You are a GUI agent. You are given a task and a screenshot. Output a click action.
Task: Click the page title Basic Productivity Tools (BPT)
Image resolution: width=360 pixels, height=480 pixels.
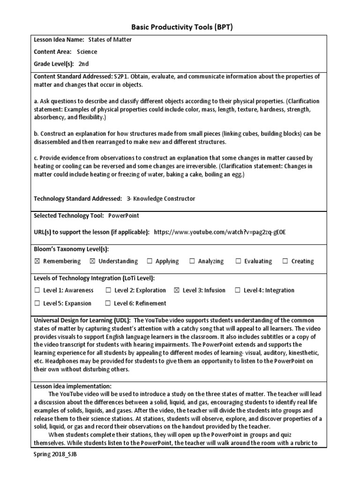[x=180, y=28]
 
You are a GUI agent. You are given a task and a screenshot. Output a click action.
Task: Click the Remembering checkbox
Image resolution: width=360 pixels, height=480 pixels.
[x=37, y=261]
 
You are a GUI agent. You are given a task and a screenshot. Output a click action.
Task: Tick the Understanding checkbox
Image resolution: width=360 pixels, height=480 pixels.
[x=92, y=261]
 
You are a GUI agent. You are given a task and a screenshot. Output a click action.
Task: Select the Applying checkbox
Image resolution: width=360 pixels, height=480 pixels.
[x=150, y=261]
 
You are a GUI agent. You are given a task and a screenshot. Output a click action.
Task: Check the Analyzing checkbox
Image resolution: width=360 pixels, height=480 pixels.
[x=192, y=261]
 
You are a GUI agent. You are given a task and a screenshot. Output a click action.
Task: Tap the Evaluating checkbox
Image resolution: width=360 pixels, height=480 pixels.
[x=238, y=261]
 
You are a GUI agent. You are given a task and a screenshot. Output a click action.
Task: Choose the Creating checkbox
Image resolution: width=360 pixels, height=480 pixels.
[x=285, y=261]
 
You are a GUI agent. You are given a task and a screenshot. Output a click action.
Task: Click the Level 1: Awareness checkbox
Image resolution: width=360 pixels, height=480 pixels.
[x=37, y=290]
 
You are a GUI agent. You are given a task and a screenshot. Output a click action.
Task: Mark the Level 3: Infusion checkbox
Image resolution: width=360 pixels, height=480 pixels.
[x=177, y=290]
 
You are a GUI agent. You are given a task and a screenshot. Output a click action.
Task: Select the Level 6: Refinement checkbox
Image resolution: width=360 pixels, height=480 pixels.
[x=108, y=303]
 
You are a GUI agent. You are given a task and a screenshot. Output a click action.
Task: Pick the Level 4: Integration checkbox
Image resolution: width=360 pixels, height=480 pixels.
[x=238, y=290]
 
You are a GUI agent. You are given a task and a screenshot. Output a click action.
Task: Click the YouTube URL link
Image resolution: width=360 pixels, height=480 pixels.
[x=219, y=232]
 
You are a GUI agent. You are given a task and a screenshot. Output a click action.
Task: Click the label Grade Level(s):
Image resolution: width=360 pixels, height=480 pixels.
[x=54, y=64]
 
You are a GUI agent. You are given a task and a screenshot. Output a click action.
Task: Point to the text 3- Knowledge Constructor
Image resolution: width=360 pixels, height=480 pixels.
[x=161, y=199]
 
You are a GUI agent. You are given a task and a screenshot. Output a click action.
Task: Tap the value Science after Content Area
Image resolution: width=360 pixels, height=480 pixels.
[x=87, y=52]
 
